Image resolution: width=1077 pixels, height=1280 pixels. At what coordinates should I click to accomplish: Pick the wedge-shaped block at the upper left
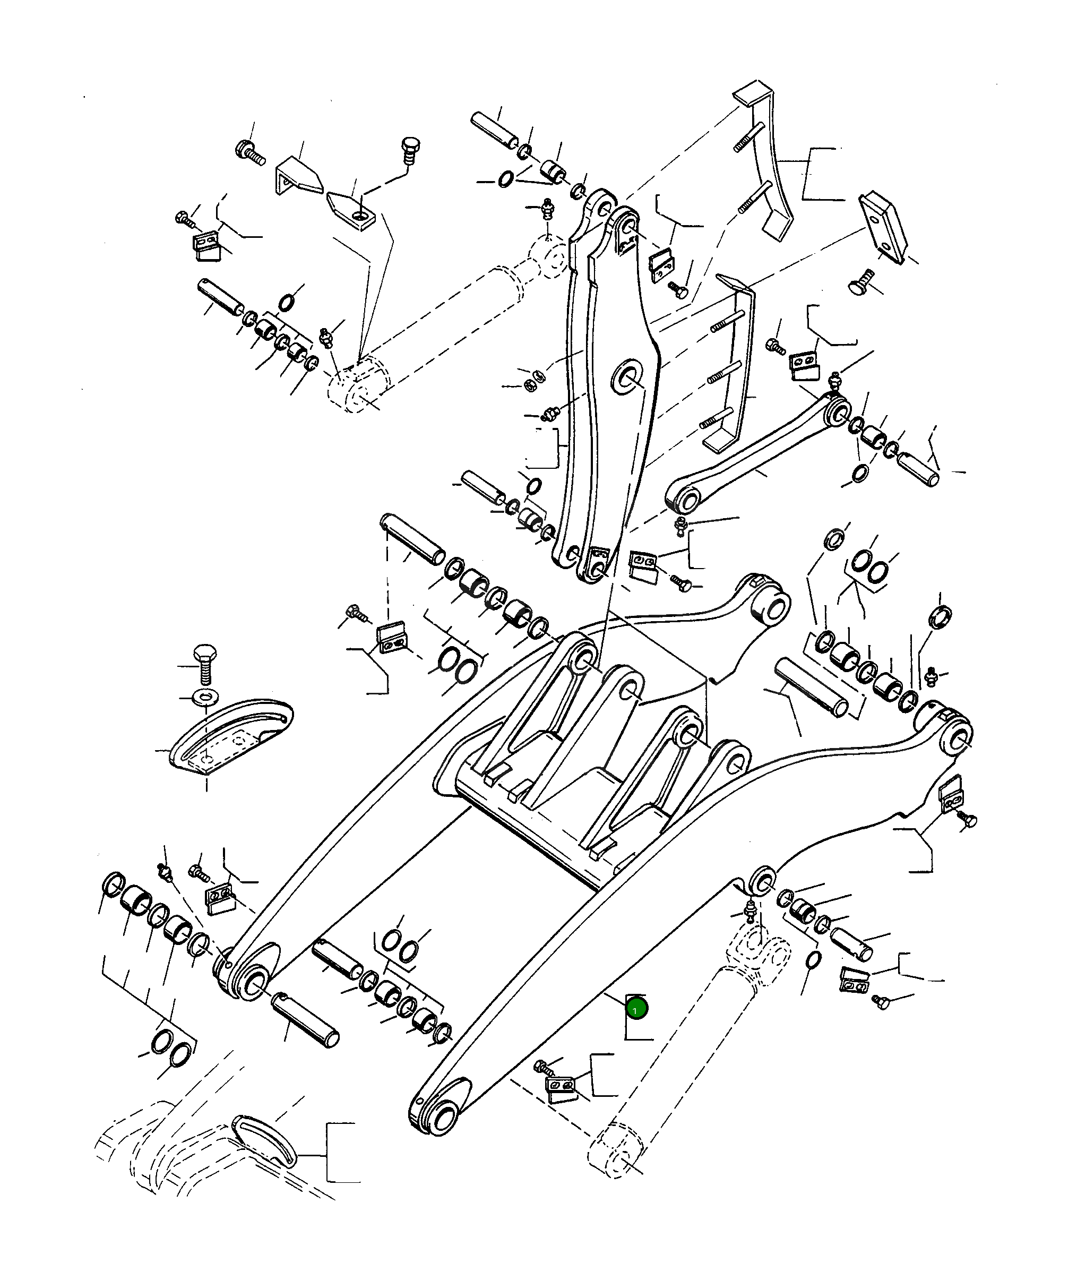(x=299, y=176)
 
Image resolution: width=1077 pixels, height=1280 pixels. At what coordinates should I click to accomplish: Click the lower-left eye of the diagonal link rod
(x=684, y=501)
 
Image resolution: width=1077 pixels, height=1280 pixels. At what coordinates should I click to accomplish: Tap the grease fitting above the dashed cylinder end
(x=548, y=208)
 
